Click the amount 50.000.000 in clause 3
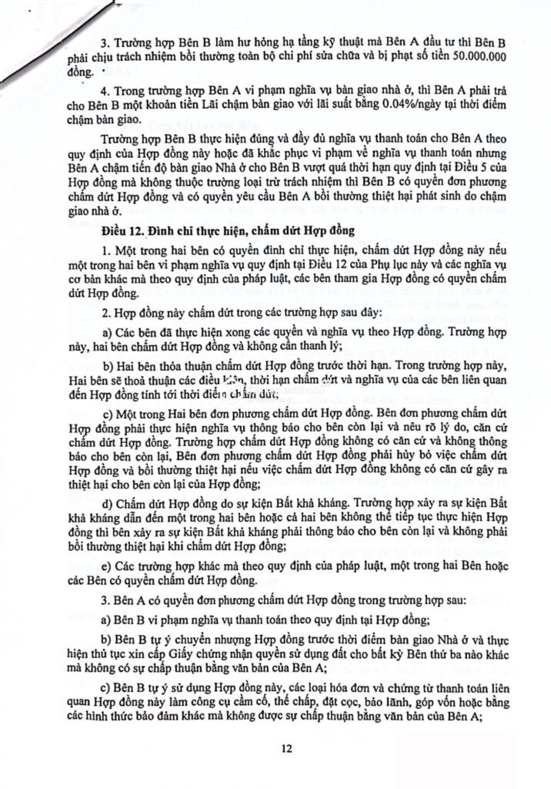(x=474, y=56)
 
